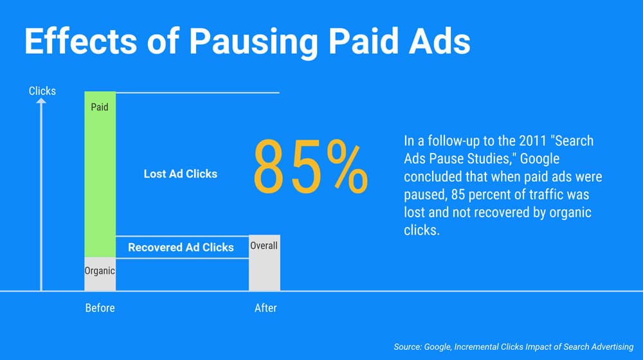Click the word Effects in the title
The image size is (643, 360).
[80, 41]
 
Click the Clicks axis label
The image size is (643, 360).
[42, 91]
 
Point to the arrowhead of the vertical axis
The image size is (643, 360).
[41, 100]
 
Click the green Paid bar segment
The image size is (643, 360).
[100, 174]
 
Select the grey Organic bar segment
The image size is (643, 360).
[100, 274]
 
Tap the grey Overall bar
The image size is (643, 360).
[264, 263]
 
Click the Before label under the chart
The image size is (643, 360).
[100, 308]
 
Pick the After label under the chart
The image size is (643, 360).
[266, 308]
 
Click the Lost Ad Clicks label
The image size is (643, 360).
[181, 174]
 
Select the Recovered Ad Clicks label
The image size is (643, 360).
[181, 248]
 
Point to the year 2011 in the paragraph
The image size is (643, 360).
[532, 141]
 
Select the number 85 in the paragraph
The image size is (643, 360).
[458, 194]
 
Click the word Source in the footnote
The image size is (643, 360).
[408, 347]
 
